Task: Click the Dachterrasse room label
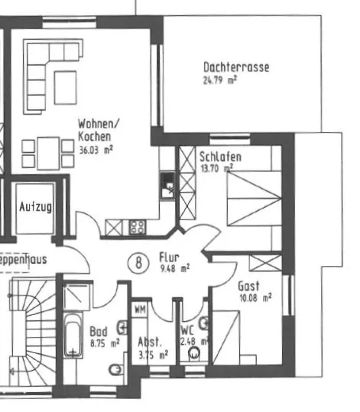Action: click(x=236, y=67)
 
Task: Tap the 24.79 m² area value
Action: click(x=220, y=79)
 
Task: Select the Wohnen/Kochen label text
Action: click(x=99, y=130)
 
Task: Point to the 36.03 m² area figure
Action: click(x=96, y=150)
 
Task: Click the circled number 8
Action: click(x=138, y=262)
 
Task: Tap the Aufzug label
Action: click(x=35, y=207)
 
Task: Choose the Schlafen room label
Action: click(x=220, y=157)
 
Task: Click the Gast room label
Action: click(x=248, y=286)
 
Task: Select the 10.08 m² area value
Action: click(x=255, y=298)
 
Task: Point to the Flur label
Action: click(x=169, y=258)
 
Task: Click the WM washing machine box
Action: click(x=140, y=310)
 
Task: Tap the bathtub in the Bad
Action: click(x=73, y=336)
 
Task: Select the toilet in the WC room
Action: click(x=194, y=354)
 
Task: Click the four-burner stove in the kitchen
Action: click(x=138, y=227)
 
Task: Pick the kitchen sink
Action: click(x=167, y=185)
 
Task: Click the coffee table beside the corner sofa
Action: click(x=66, y=87)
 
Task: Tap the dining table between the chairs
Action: click(x=48, y=153)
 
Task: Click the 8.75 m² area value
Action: click(x=105, y=343)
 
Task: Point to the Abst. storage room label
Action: click(x=150, y=342)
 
